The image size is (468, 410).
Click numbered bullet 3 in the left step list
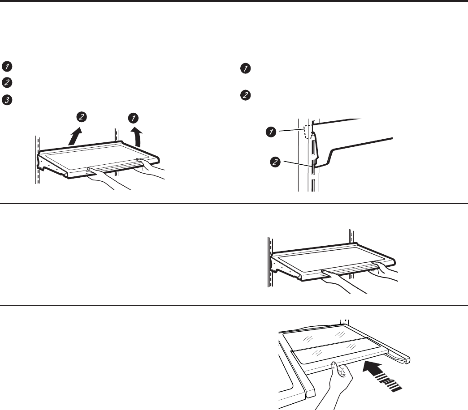(7, 100)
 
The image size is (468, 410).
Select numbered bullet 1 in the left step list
(7, 66)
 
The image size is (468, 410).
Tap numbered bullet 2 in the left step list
(7, 82)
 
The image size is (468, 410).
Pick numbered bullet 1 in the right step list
(245, 68)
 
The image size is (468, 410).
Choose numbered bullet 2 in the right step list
(245, 95)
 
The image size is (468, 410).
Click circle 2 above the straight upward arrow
(82, 117)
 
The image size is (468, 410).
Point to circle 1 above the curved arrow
(133, 118)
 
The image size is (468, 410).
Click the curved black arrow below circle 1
(138, 137)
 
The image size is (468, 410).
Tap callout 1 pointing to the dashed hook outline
(271, 132)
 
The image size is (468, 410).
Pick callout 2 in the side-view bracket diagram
(275, 162)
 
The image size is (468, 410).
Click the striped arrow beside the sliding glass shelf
(382, 376)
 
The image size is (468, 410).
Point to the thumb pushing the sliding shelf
(335, 368)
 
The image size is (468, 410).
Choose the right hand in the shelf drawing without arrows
(385, 271)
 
